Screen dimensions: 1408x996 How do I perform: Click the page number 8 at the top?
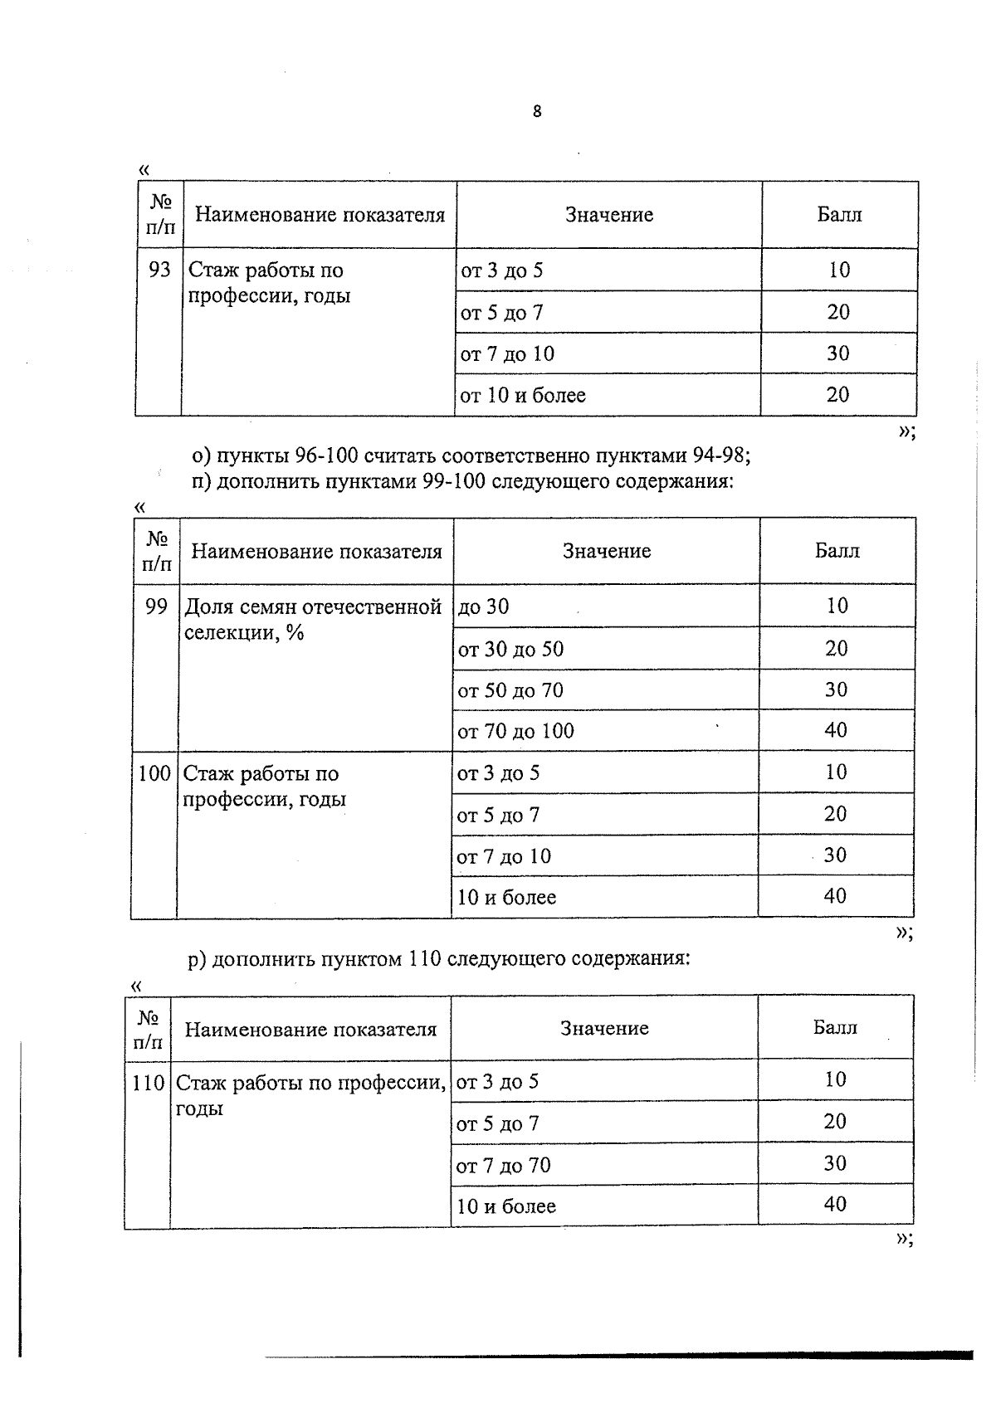[x=537, y=111]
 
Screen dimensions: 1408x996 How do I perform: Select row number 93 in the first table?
[x=159, y=270]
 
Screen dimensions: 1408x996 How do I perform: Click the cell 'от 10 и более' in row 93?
[x=523, y=395]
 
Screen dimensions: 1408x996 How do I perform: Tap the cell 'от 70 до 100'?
[x=515, y=731]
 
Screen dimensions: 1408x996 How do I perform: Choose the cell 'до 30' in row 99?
[x=484, y=607]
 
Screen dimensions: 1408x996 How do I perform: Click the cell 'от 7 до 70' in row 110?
[x=503, y=1165]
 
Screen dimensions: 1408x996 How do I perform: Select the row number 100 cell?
[x=154, y=773]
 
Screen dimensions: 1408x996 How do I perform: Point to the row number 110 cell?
[x=149, y=1083]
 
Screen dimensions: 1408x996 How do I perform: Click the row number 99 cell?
[x=156, y=607]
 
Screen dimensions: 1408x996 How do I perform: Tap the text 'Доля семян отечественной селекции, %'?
[x=312, y=619]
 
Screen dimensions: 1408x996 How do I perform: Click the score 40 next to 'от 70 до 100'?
[x=836, y=730]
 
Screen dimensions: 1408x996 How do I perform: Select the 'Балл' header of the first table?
[x=839, y=215]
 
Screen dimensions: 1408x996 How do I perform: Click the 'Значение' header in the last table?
[x=604, y=1028]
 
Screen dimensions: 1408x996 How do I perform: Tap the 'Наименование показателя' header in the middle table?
[x=316, y=552]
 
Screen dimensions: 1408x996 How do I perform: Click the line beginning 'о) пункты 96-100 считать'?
[x=471, y=456]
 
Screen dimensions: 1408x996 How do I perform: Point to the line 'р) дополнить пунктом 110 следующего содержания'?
[x=439, y=959]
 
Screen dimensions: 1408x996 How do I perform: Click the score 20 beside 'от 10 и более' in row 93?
[x=837, y=394]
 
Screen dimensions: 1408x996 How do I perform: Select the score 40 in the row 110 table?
[x=835, y=1204]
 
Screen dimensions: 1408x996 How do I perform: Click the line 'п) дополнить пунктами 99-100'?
[x=463, y=481]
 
